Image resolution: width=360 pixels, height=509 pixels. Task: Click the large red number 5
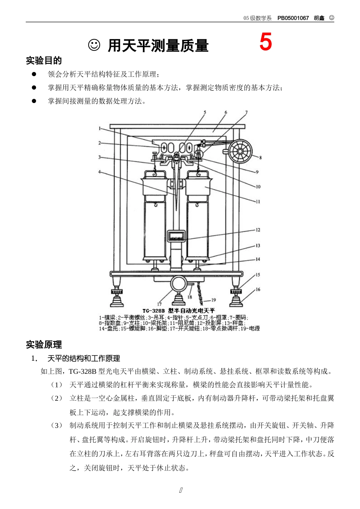265,42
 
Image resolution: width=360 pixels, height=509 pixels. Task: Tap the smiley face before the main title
94,45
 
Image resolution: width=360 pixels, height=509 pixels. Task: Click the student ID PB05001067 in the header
293,18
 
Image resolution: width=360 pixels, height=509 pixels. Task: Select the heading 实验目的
44,61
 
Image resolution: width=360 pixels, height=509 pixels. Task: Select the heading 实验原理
44,345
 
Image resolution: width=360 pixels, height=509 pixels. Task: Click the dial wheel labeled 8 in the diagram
240,151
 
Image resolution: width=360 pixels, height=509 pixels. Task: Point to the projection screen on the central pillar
176,236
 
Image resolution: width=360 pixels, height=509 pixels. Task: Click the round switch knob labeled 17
178,283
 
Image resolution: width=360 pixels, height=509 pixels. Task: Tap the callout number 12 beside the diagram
258,230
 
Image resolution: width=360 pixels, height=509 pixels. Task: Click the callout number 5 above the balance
205,112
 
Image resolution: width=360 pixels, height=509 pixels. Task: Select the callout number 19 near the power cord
213,300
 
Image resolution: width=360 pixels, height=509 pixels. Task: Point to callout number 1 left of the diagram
100,128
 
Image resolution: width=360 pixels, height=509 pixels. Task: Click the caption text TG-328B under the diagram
153,311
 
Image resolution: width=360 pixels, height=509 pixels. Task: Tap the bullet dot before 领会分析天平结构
34,74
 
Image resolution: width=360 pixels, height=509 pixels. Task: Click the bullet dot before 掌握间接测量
34,101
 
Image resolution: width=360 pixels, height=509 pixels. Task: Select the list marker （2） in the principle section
56,398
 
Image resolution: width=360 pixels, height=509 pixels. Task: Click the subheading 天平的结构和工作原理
83,358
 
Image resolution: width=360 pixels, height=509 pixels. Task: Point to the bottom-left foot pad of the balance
116,303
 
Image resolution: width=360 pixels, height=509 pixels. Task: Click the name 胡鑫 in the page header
319,18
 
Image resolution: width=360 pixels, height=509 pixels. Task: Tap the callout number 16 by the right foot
258,289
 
